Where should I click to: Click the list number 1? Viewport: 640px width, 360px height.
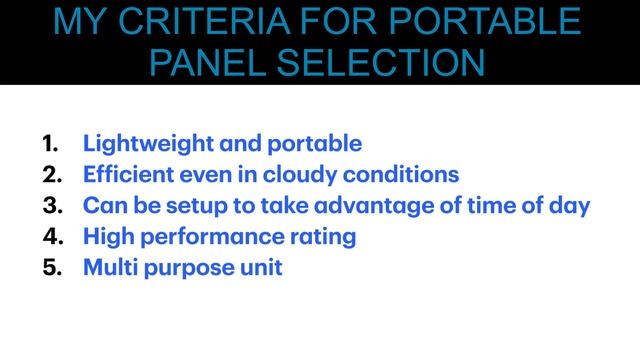51,143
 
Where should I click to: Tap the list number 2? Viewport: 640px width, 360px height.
52,174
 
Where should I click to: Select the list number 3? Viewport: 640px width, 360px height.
52,205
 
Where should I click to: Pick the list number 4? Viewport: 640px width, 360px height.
52,236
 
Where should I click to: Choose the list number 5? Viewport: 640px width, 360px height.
52,267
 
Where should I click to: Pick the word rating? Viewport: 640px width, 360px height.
324,237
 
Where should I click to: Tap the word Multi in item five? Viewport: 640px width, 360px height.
109,267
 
